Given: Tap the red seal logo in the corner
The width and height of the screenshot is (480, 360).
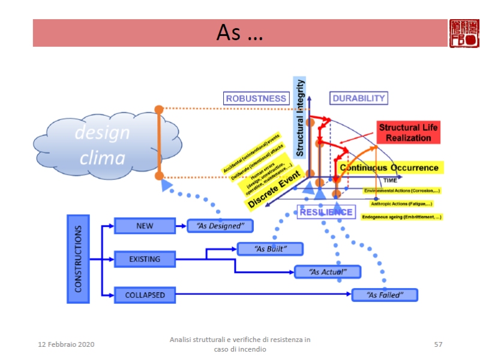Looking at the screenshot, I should click(464, 33).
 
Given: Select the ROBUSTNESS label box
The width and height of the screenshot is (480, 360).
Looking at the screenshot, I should click(256, 98).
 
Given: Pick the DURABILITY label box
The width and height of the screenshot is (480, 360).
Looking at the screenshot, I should click(359, 98).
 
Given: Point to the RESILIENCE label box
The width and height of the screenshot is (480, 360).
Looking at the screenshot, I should click(326, 212).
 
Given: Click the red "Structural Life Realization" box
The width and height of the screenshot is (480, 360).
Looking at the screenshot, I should click(409, 133).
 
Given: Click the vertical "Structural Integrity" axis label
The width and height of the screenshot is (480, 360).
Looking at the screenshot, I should click(301, 114).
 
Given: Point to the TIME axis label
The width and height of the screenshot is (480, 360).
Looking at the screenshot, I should click(390, 180).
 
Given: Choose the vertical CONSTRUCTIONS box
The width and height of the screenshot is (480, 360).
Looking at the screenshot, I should click(78, 259).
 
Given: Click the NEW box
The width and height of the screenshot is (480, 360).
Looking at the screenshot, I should click(145, 226).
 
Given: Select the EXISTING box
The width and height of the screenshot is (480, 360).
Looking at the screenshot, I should click(145, 259).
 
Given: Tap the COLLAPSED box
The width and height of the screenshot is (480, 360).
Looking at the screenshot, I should click(145, 295).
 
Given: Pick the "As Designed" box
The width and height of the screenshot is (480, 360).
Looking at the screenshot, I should click(220, 226).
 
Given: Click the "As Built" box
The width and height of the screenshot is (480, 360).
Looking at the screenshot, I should click(270, 248).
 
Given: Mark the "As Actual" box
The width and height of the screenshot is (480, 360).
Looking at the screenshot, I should click(327, 272).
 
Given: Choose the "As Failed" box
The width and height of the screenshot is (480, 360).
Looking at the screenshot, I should click(384, 295).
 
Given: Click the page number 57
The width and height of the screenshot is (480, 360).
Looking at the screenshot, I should click(438, 344).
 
